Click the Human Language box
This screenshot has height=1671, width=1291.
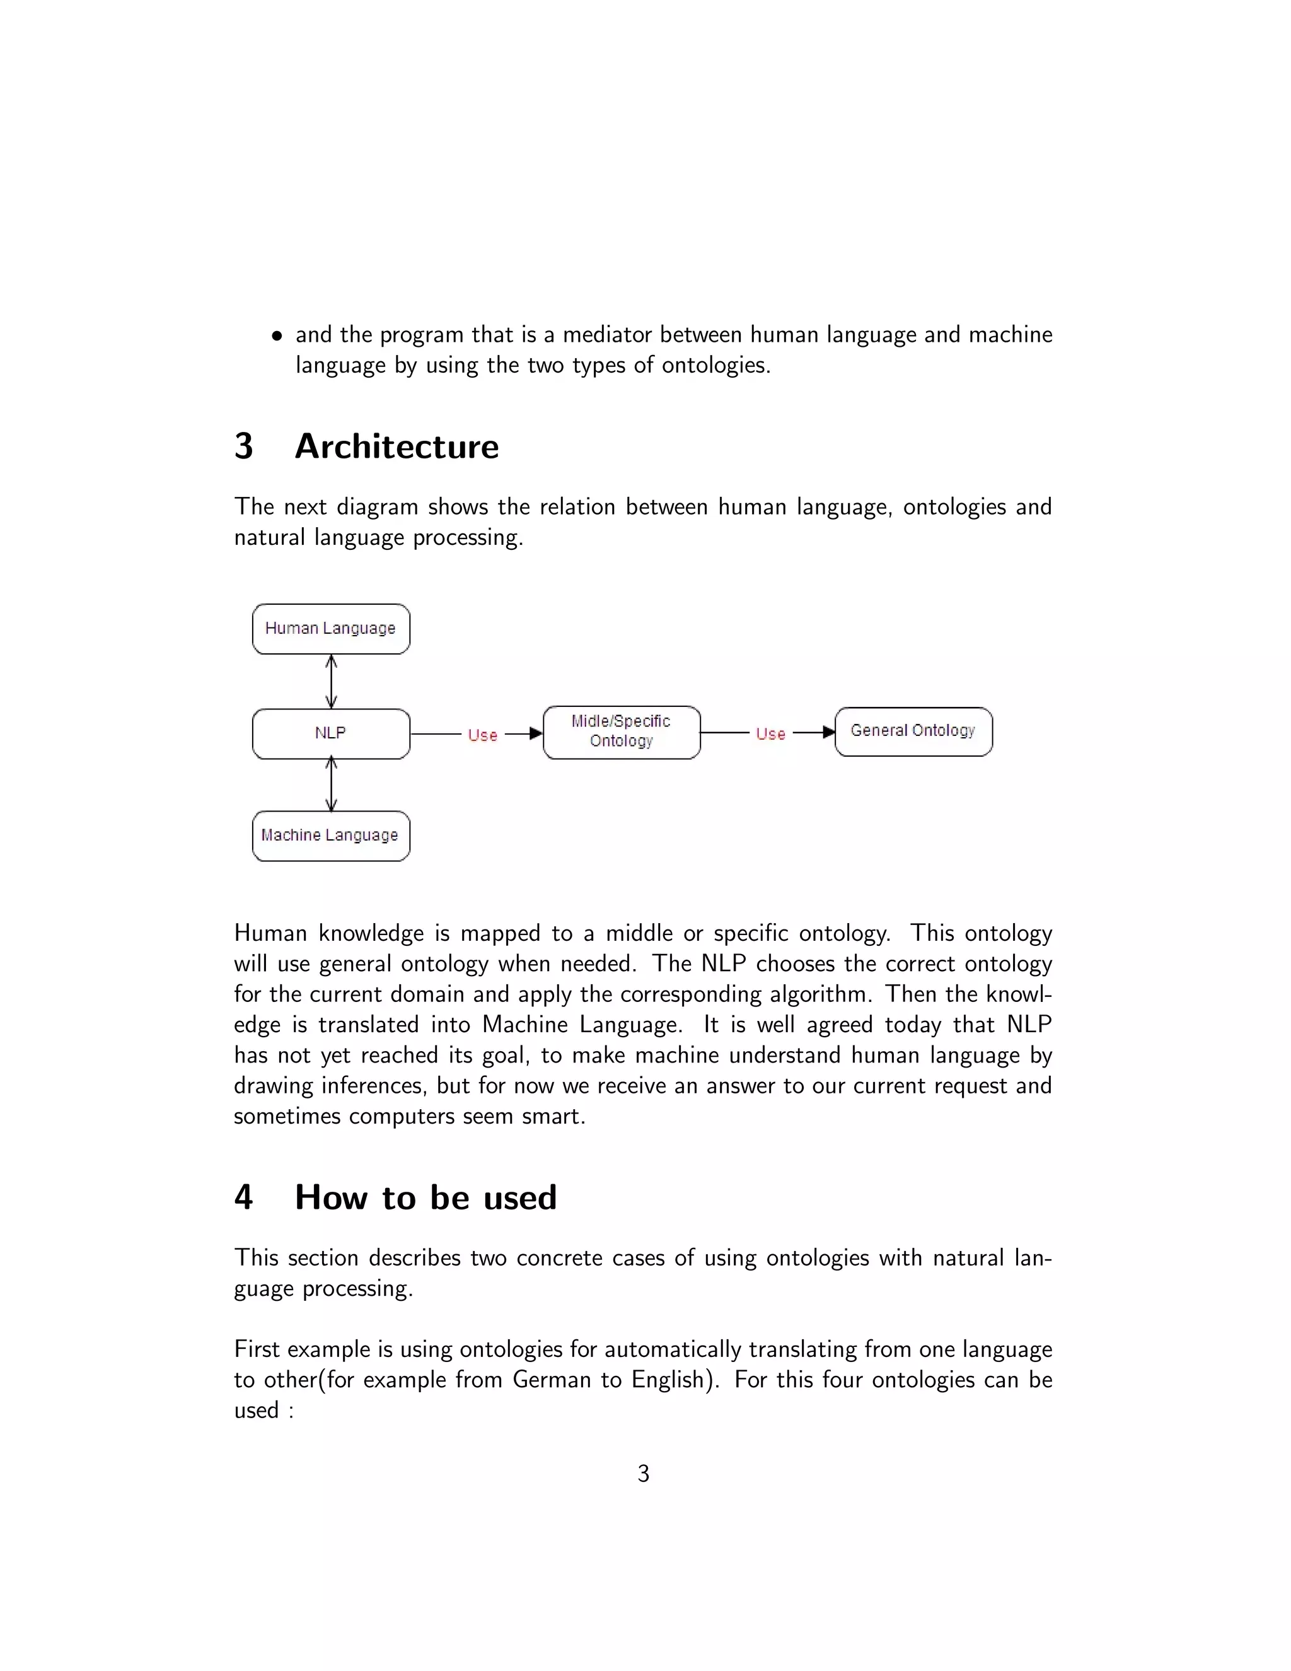tap(330, 629)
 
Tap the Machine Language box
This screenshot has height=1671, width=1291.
tap(330, 835)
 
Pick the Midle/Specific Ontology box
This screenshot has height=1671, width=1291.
tap(621, 731)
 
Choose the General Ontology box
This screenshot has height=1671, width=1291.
tap(913, 731)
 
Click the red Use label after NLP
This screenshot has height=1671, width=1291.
tap(483, 735)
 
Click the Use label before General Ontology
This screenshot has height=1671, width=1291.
tap(770, 734)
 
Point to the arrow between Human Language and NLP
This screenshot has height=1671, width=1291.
tap(331, 681)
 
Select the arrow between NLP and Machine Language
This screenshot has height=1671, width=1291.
tap(331, 784)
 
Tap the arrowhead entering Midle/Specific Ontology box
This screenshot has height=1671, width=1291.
tap(536, 734)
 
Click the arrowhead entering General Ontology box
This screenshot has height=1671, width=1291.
tap(828, 732)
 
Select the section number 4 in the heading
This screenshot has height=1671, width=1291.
tap(243, 1197)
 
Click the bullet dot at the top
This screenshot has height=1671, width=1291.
tap(277, 337)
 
